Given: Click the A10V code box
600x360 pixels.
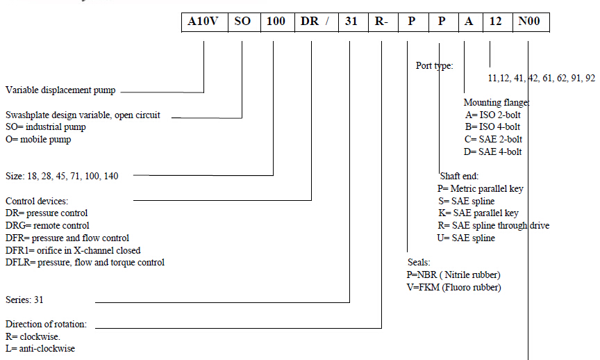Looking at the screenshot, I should click(x=203, y=22).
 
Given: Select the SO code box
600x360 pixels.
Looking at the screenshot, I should click(x=242, y=22).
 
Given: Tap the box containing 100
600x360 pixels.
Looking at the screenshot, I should click(x=276, y=22).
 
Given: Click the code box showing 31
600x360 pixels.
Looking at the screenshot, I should click(x=352, y=22).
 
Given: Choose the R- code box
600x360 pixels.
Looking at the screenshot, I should click(x=382, y=22).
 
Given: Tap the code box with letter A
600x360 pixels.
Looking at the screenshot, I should click(x=469, y=22).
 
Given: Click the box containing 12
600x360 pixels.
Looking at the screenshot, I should click(x=495, y=22).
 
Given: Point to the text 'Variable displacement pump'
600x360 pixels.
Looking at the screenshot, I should click(x=60, y=90).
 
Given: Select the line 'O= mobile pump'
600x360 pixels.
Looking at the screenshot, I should click(x=38, y=139).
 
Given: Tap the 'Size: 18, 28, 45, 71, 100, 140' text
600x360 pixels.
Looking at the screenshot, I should click(x=62, y=176).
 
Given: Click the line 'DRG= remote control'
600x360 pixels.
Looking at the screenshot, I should click(x=47, y=225).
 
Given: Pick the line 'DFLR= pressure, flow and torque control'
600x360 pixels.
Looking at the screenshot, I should click(x=85, y=262).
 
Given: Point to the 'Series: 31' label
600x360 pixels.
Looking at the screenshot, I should click(x=25, y=300).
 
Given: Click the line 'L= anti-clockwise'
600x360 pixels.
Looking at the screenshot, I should click(x=40, y=348).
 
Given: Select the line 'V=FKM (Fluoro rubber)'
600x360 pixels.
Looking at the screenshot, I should click(x=454, y=287).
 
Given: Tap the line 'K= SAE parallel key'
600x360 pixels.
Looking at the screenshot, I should click(x=474, y=213).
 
